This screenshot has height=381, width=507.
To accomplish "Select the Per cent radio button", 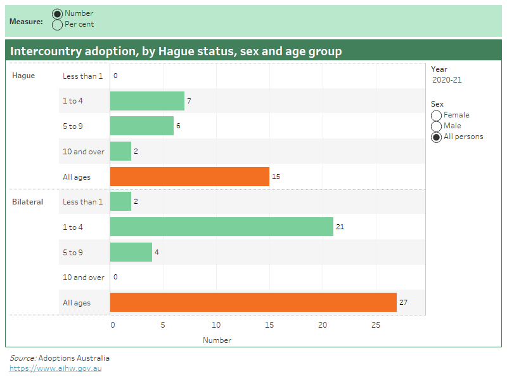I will pos(57,25).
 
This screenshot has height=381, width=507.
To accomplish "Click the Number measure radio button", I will pos(57,14).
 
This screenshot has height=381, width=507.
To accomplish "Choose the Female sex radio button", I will pos(437,115).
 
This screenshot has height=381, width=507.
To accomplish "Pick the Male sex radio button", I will pos(437,126).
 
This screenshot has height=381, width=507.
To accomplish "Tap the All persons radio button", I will pos(437,137).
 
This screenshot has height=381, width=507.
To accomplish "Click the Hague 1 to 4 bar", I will pos(147,101).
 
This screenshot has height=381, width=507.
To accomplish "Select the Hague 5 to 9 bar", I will pos(142,126).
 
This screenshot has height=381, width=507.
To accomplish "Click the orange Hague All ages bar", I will pos(189,177).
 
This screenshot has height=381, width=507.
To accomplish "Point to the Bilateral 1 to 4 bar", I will pos(221,227).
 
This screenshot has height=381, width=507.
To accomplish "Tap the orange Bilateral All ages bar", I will pos(253,302).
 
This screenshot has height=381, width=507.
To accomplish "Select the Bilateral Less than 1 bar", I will pos(120,201).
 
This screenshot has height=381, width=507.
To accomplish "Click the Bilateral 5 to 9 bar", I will pos(131,252).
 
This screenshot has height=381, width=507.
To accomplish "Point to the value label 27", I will pos(403,302).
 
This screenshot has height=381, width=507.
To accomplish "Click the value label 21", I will pos(340,227).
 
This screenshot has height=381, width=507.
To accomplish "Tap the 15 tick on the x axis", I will pos(269,325).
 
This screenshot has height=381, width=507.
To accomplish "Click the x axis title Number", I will pos(217,340).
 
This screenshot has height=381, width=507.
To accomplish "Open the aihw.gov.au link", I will pos(55,368).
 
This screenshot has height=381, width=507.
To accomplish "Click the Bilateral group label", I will pos(27,202).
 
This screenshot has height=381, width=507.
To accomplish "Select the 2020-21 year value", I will pos(447,80).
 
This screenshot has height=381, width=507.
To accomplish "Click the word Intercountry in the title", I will pos(44,51).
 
